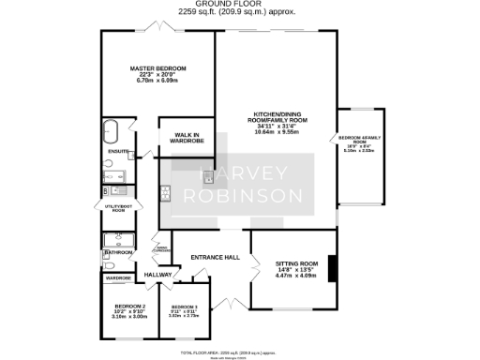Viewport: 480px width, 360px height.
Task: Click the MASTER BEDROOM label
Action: (x=157, y=68)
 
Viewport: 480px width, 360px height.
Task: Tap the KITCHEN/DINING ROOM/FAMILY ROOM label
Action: (x=276, y=119)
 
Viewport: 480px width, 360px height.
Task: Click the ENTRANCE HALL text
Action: (x=216, y=257)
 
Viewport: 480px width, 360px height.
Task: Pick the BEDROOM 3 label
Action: (x=183, y=308)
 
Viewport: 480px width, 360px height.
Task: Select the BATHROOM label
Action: (x=118, y=252)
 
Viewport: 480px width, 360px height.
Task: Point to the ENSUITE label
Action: (x=118, y=150)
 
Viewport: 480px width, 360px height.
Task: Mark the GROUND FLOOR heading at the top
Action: (x=239, y=5)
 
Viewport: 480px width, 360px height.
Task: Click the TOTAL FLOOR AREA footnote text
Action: (x=239, y=352)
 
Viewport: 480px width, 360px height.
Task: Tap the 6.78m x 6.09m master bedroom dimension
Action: (x=157, y=82)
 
